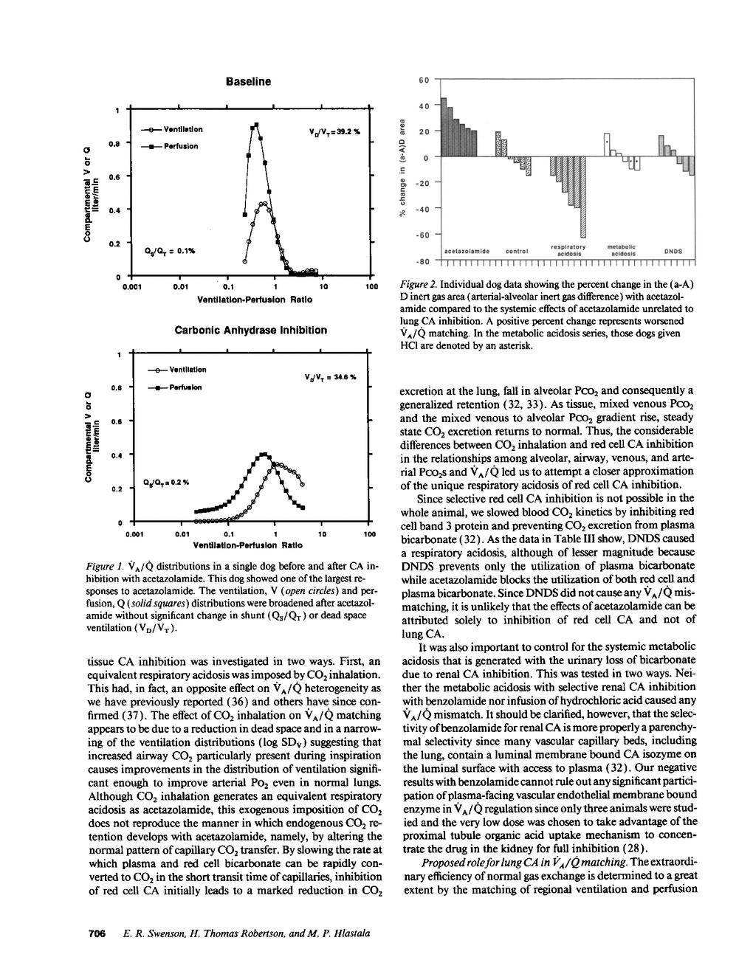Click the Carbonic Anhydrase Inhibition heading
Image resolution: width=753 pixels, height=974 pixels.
(250, 330)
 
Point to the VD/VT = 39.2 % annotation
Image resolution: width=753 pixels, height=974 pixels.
(333, 132)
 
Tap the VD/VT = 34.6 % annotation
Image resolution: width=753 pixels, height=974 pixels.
(331, 376)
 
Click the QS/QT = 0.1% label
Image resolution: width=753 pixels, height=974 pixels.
(169, 250)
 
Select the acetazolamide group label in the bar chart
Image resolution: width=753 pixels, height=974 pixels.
(467, 251)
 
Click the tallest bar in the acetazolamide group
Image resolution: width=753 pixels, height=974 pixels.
(444, 126)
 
